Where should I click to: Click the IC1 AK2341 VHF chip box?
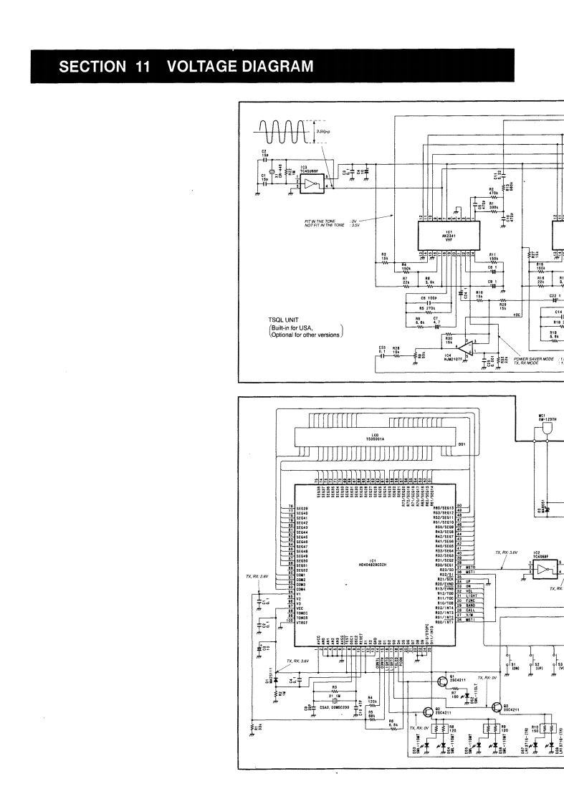[x=448, y=233]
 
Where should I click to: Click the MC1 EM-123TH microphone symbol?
[x=548, y=428]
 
